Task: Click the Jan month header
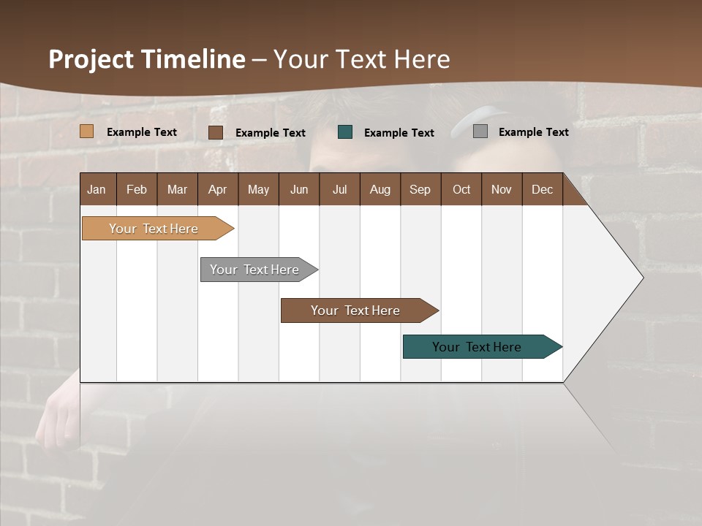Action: [97, 189]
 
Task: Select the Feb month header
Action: [137, 189]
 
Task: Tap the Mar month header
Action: [177, 189]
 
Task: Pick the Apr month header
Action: [218, 189]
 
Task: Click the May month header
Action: [258, 189]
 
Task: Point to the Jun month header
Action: [299, 189]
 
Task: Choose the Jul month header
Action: [339, 189]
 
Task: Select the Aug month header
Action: [380, 189]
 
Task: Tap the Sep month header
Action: [420, 189]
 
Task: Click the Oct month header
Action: [461, 189]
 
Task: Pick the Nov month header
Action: [502, 189]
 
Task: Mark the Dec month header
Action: [543, 189]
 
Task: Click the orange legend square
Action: [87, 131]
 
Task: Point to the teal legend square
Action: [345, 132]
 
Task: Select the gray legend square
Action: [480, 131]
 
